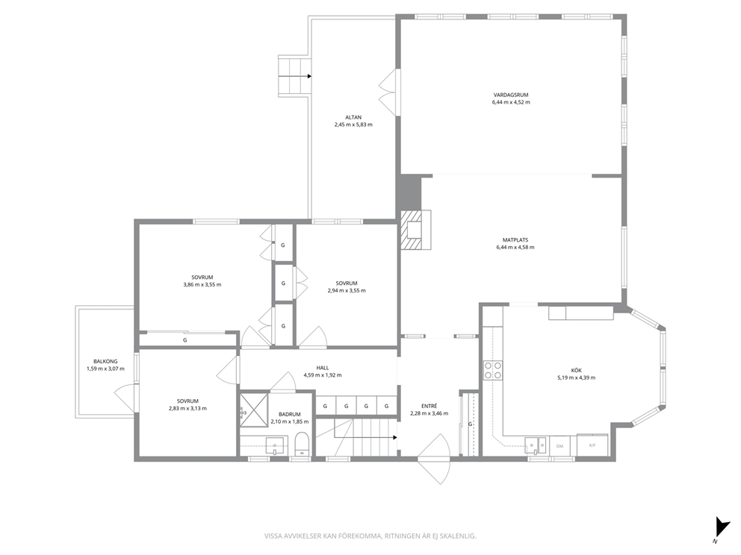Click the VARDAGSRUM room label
(x=510, y=95)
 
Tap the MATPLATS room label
(x=515, y=239)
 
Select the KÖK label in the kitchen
(x=576, y=371)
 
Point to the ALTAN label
(x=353, y=118)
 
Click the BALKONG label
(x=105, y=362)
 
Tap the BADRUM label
(x=289, y=414)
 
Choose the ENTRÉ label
(x=429, y=406)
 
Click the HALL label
(x=322, y=368)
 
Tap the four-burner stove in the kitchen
(x=492, y=370)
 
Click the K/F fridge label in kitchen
(x=592, y=445)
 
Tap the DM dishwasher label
(x=559, y=446)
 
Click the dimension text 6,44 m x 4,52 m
(x=511, y=102)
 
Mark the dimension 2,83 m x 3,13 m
(x=187, y=409)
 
